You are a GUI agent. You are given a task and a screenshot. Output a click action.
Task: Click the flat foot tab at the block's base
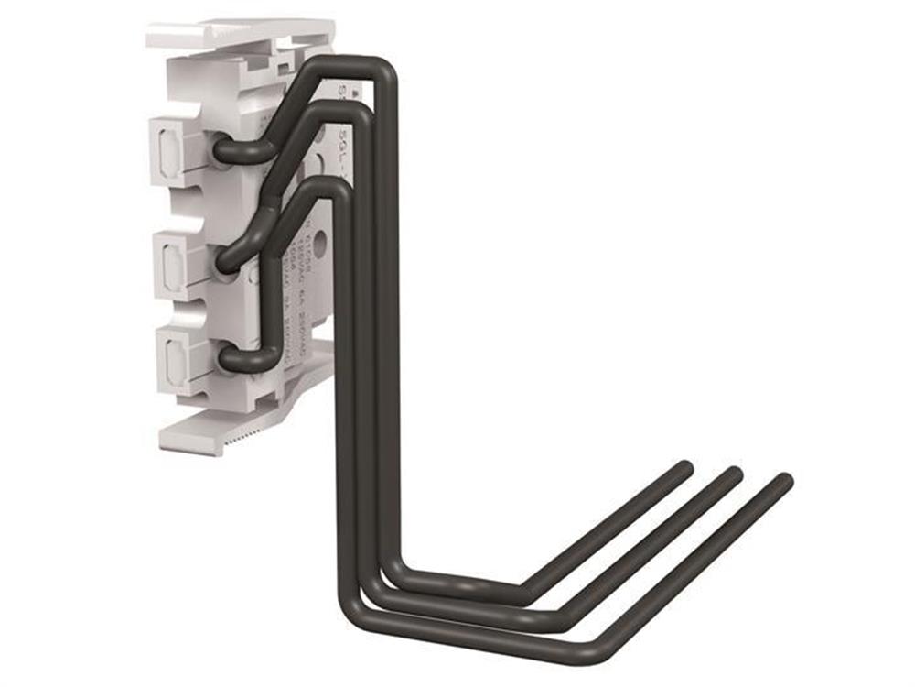click(x=201, y=434)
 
